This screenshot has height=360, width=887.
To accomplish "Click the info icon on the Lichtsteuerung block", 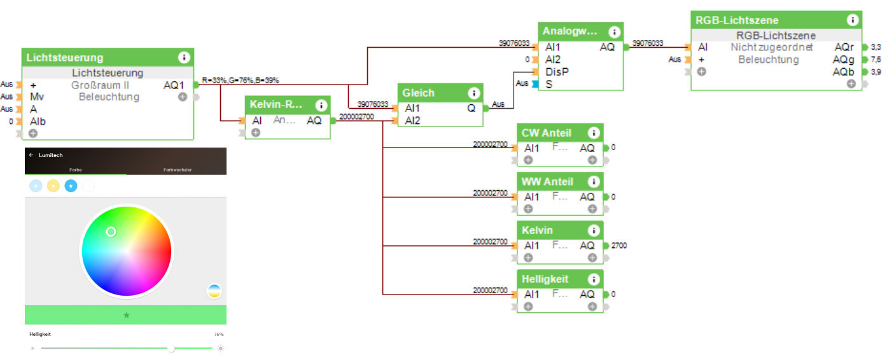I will pos(184,57).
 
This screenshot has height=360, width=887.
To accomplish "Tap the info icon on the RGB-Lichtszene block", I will pos(853,20).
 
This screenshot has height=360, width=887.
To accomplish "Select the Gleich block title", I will pos(418,93).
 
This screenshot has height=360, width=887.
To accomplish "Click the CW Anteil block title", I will pos(546,133).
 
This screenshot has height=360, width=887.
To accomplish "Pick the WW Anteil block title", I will pos(547,182).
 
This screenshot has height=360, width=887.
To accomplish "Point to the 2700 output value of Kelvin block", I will pos(619,246).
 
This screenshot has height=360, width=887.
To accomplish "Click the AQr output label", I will pos(844,47).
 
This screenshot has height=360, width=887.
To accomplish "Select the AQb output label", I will pos(844,72).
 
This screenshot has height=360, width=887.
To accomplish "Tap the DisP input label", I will pos(557,71).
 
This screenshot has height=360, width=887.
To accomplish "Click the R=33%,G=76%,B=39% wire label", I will pos(241,81).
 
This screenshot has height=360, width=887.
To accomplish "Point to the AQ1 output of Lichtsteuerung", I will pos(174,85).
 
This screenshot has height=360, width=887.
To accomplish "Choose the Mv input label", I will pos(36,97).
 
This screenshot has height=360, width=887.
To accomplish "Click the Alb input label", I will pos(38,121).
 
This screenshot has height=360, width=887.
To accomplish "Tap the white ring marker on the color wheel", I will pos(111,232).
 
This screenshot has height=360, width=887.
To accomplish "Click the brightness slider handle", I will pos(171,348).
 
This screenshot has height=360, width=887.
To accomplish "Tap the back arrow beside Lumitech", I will pos(31,155).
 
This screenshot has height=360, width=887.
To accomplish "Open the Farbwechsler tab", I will pos(178,170).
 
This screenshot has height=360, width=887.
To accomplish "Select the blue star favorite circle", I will pos(71,186).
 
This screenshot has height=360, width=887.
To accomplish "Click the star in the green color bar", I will pos(126,315).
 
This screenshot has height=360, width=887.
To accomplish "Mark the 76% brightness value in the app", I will pos(218,334).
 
